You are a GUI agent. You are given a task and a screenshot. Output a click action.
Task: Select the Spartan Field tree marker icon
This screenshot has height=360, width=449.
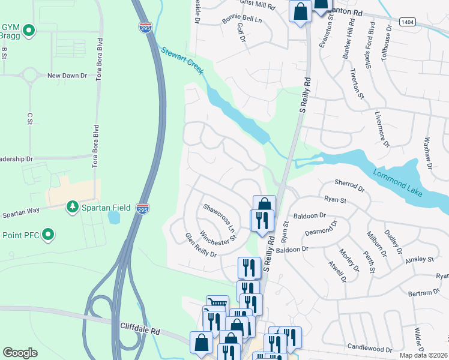[x=73, y=207]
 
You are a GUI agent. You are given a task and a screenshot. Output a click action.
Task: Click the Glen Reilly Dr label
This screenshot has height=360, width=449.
[x=200, y=245]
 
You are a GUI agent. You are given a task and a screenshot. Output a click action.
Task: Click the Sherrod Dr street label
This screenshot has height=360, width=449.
[x=349, y=187]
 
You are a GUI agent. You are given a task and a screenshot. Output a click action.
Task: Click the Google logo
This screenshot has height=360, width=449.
[x=20, y=353]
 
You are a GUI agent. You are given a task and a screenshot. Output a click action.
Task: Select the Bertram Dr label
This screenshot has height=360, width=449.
[x=424, y=292]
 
